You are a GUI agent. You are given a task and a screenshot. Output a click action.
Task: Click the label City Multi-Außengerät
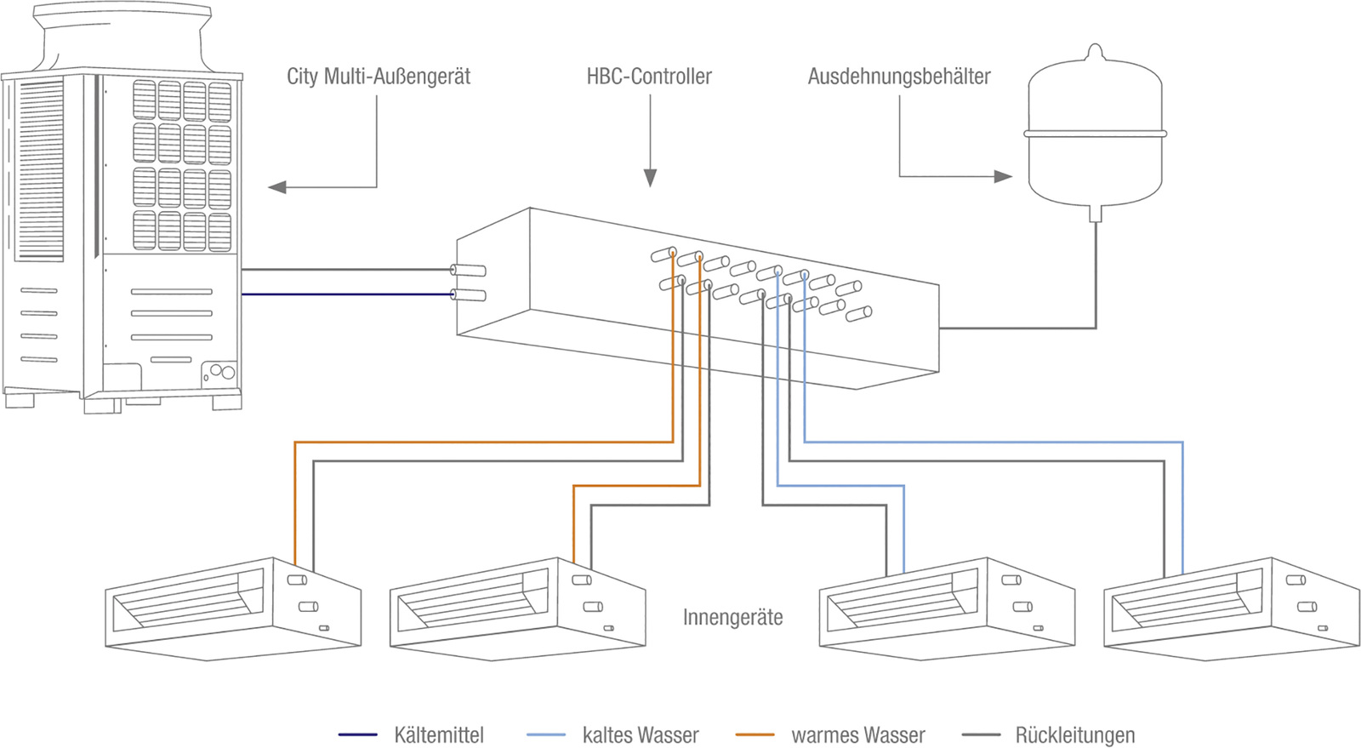[379, 77]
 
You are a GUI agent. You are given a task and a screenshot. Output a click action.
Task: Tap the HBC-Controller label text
[649, 77]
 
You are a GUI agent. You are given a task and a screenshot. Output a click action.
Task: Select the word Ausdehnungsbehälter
[899, 77]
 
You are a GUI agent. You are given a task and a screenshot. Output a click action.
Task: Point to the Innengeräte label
[732, 617]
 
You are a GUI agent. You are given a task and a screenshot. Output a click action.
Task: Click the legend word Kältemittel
[439, 735]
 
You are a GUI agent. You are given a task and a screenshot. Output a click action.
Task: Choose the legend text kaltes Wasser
[641, 735]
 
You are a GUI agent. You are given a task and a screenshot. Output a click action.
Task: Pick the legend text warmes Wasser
[858, 735]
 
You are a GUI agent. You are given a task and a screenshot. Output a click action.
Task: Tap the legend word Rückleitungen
[1075, 735]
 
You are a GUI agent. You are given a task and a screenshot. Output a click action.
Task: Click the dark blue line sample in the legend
[358, 734]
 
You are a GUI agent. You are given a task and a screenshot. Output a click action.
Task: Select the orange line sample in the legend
[755, 734]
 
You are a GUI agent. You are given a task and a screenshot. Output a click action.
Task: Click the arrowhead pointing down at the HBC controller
[650, 178]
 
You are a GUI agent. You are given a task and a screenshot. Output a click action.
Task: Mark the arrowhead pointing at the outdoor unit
[277, 187]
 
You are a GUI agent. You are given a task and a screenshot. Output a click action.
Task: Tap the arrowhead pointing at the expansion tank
[1003, 177]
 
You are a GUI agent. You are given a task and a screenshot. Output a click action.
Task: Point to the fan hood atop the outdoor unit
[123, 37]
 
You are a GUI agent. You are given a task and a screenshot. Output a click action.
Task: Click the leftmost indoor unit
[233, 608]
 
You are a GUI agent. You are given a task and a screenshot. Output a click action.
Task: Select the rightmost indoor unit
[1232, 608]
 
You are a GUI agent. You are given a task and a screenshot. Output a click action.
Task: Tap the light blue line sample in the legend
[546, 734]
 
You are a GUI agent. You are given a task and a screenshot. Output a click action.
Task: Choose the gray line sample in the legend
[982, 734]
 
